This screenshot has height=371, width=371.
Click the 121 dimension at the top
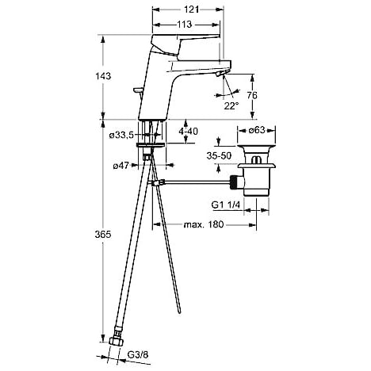point(191,10)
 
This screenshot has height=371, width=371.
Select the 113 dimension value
point(184,25)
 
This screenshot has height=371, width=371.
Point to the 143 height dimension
point(103,76)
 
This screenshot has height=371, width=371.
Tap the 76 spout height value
point(252,95)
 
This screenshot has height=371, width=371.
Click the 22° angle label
point(231,106)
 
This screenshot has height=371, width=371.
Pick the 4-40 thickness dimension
point(189,131)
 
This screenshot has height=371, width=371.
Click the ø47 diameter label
point(120,166)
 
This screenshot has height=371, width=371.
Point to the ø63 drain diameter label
point(257,130)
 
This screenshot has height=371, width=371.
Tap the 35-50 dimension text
point(219,156)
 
